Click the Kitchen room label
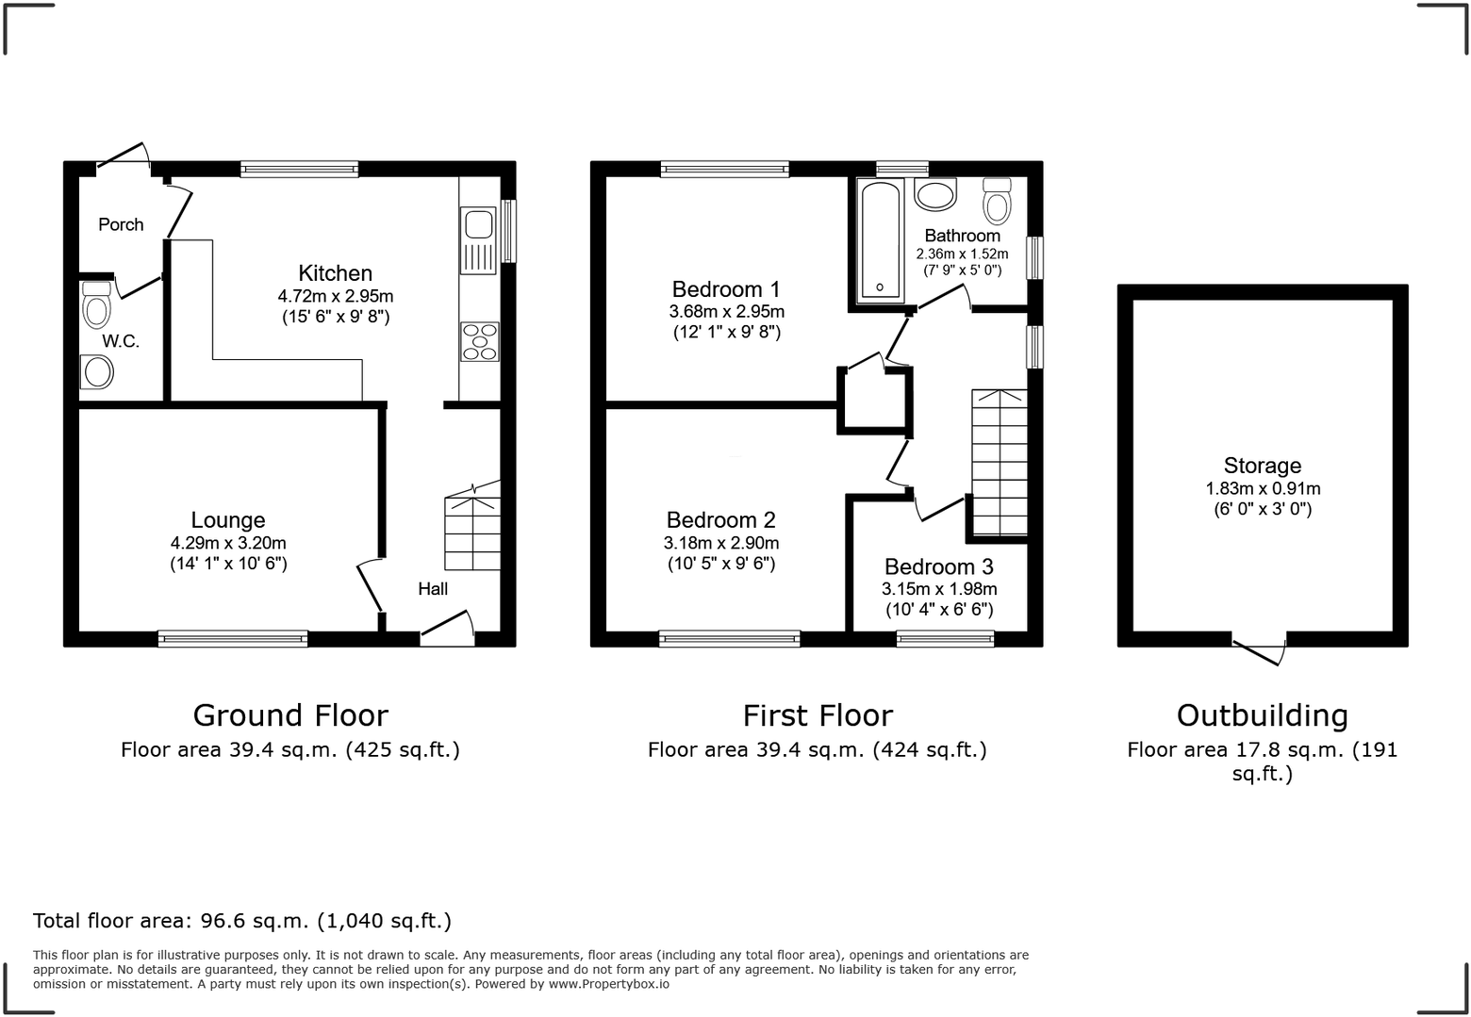pyautogui.click(x=335, y=273)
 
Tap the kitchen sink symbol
pyautogui.click(x=478, y=225)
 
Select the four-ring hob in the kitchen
pyautogui.click(x=479, y=341)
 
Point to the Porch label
pyautogui.click(x=121, y=224)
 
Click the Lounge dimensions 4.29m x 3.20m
pyautogui.click(x=228, y=543)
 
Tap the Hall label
pyautogui.click(x=433, y=589)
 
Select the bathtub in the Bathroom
pyautogui.click(x=879, y=240)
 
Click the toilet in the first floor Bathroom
pyautogui.click(x=996, y=200)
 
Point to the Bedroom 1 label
pyautogui.click(x=725, y=289)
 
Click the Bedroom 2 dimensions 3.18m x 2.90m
pyautogui.click(x=720, y=543)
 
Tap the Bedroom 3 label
pyautogui.click(x=938, y=567)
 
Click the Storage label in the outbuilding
pyautogui.click(x=1262, y=466)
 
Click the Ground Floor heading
pyautogui.click(x=290, y=715)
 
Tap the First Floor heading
pyautogui.click(x=817, y=715)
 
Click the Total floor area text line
pyautogui.click(x=242, y=921)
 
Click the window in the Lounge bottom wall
pyautogui.click(x=233, y=639)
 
